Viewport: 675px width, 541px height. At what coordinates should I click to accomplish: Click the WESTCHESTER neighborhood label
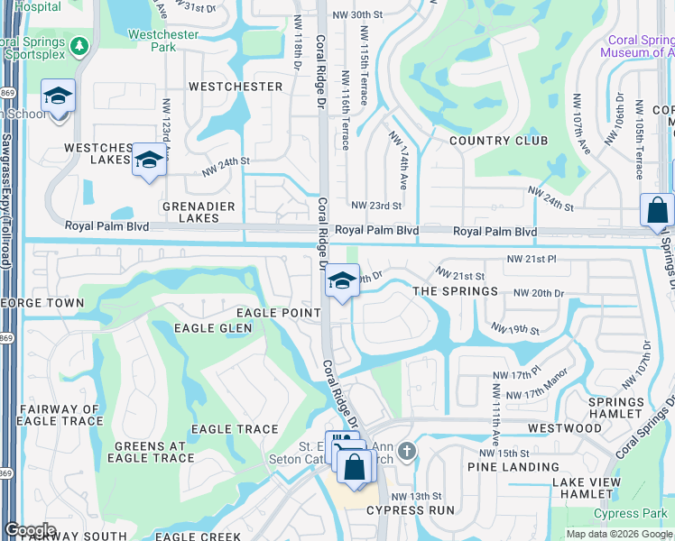click(x=235, y=87)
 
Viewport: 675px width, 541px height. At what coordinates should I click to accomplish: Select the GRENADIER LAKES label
click(x=190, y=212)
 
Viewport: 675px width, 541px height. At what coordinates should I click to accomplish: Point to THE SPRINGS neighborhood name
click(x=455, y=291)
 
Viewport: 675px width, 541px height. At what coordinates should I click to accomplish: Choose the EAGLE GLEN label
click(x=212, y=328)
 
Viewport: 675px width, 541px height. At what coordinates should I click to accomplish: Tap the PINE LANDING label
click(x=513, y=466)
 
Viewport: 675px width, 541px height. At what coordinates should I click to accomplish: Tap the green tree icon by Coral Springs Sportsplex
click(x=80, y=45)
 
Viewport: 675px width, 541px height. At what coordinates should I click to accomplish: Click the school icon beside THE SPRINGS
click(x=342, y=280)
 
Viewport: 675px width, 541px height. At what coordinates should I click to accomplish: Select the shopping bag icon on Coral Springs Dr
click(x=658, y=211)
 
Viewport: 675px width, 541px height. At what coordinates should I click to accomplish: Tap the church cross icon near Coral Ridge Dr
click(x=407, y=449)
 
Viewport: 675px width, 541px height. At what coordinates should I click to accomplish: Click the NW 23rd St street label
click(x=375, y=206)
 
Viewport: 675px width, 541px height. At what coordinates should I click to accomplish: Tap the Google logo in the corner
click(x=30, y=530)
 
